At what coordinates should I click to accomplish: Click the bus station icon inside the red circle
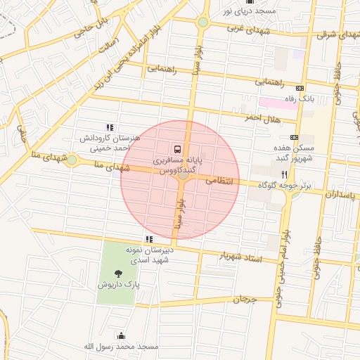[x=176, y=149]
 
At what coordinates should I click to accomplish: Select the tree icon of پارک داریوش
[x=117, y=274]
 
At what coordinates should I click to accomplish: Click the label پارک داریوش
[x=119, y=286]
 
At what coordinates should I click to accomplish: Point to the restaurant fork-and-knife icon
[x=284, y=174]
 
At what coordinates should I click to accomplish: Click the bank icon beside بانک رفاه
[x=300, y=88]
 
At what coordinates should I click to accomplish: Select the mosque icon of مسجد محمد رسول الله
[x=121, y=336]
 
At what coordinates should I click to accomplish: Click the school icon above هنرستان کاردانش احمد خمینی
[x=110, y=127]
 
